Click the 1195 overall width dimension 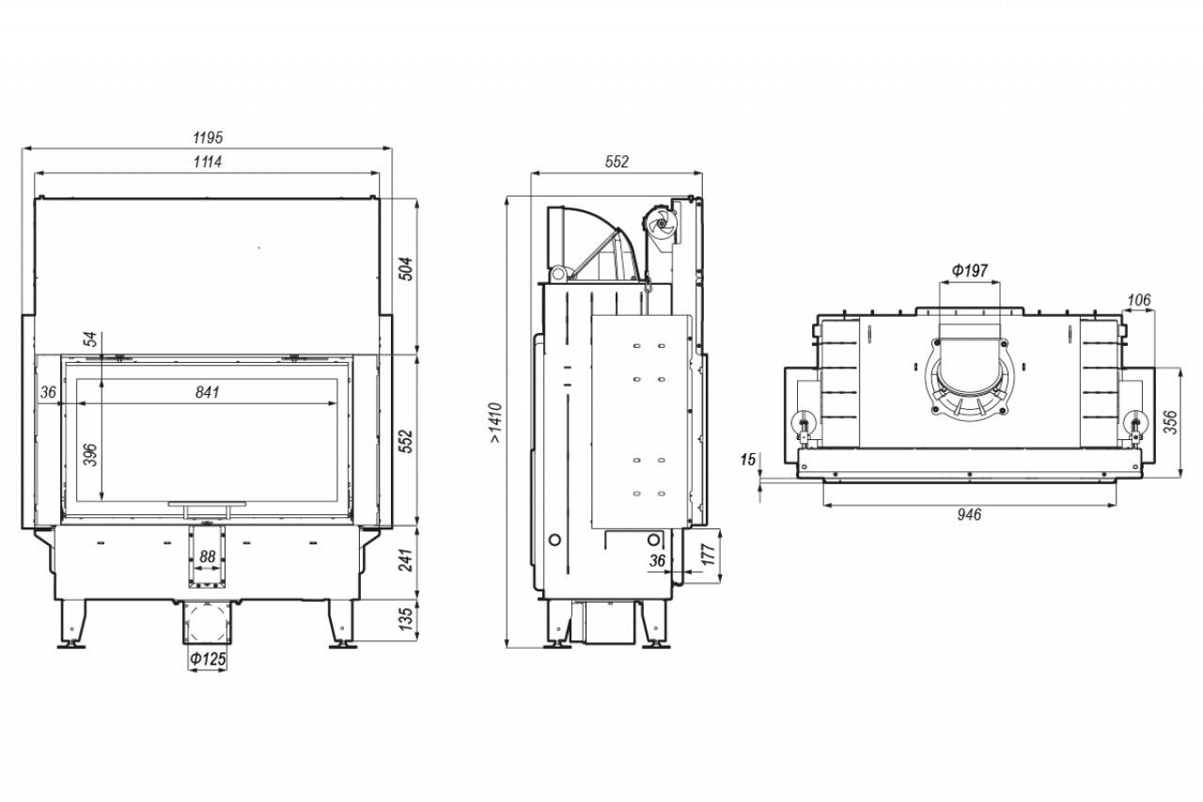pos(208,138)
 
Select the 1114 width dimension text pos(208,162)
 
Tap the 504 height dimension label pos(407,269)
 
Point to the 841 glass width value pos(208,392)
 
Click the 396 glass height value pos(92,454)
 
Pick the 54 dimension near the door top pos(92,339)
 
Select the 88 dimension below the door pos(208,557)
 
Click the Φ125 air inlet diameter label pos(208,658)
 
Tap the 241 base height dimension pos(407,560)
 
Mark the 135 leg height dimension pos(407,619)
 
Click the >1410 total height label pos(495,423)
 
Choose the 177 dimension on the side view pos(709,555)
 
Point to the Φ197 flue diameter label pos(970,270)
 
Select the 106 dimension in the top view pos(1138,300)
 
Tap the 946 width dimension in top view pos(969,514)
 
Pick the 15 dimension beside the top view pos(747,459)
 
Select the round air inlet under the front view pos(208,622)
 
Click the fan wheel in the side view pos(660,225)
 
